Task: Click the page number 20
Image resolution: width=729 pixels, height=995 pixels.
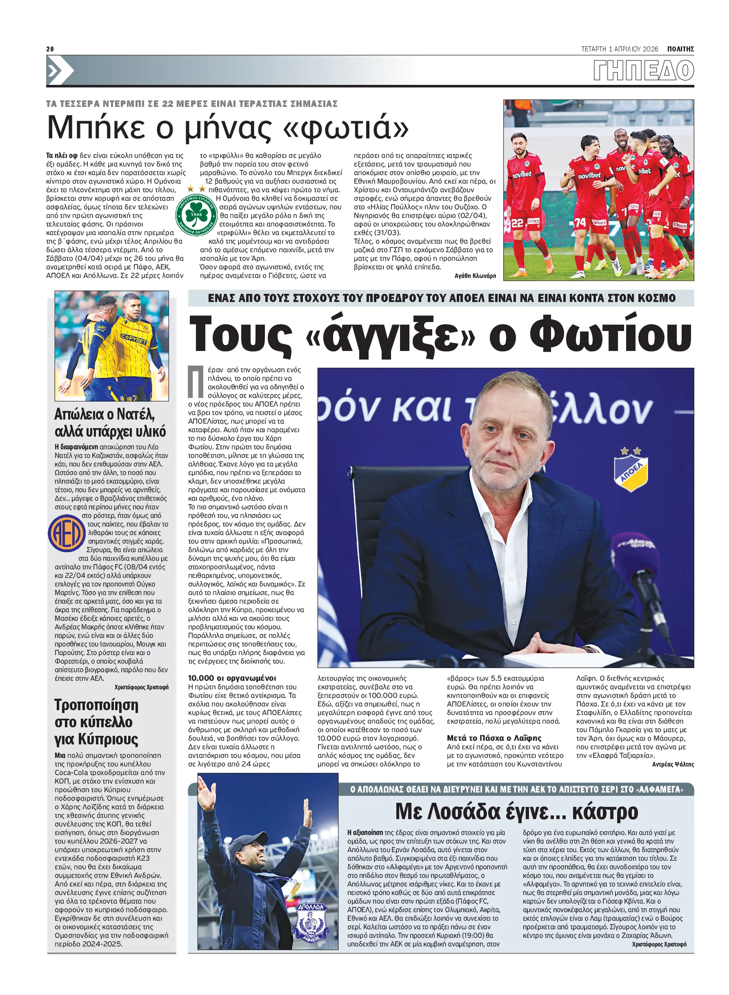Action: pos(50,49)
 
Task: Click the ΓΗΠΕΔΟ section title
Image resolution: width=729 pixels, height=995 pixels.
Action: pos(643,71)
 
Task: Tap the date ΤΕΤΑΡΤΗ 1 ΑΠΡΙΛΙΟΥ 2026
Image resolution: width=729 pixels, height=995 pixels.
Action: pos(619,49)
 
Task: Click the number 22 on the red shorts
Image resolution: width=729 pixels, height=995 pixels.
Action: pos(517,223)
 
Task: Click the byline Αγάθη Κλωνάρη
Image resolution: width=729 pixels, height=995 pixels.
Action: pos(475,276)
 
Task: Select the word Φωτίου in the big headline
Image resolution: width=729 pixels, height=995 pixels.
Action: pos(611,335)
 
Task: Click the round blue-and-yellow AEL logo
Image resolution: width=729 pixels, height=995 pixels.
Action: pos(66,533)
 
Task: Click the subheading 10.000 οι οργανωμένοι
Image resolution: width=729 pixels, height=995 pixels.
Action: pos(232,678)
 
